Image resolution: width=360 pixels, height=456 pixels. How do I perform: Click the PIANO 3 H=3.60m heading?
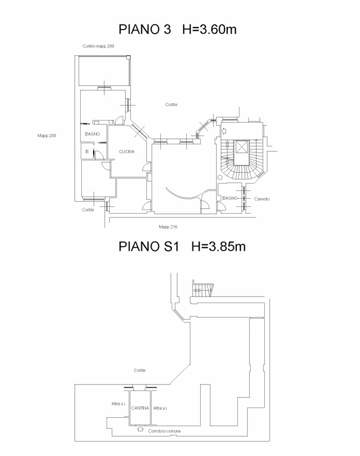pos(178,30)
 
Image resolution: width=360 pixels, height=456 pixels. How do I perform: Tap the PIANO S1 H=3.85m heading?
pos(182,247)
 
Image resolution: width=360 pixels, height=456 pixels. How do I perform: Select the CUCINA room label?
pos(126,151)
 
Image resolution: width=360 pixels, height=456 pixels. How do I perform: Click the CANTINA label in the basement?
pos(140,408)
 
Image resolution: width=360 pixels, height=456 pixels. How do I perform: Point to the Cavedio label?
pos(262,199)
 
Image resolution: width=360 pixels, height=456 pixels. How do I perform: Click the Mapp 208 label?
pos(47,136)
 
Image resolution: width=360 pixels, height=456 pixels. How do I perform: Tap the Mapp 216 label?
pos(168,227)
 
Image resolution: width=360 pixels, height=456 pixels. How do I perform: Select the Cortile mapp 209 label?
pos(98,46)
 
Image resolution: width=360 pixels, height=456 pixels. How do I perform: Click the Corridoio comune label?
pos(164,431)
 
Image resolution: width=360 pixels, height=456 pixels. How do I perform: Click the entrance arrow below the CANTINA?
pos(140,429)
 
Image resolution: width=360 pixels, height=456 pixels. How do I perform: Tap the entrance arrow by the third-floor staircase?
pos(224,131)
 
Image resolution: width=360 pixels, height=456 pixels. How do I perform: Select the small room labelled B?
pos(87,151)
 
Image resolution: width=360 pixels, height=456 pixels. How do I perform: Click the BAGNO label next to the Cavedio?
pos(230,198)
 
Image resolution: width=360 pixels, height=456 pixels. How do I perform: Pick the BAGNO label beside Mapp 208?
pos(93,134)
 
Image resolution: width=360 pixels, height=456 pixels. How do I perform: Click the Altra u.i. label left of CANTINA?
pos(118,404)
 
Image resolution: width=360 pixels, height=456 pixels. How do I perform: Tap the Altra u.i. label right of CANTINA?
pos(160,408)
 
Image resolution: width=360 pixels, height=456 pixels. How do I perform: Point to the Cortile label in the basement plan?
pos(139,370)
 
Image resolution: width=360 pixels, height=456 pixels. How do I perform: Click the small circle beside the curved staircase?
pos(220,178)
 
